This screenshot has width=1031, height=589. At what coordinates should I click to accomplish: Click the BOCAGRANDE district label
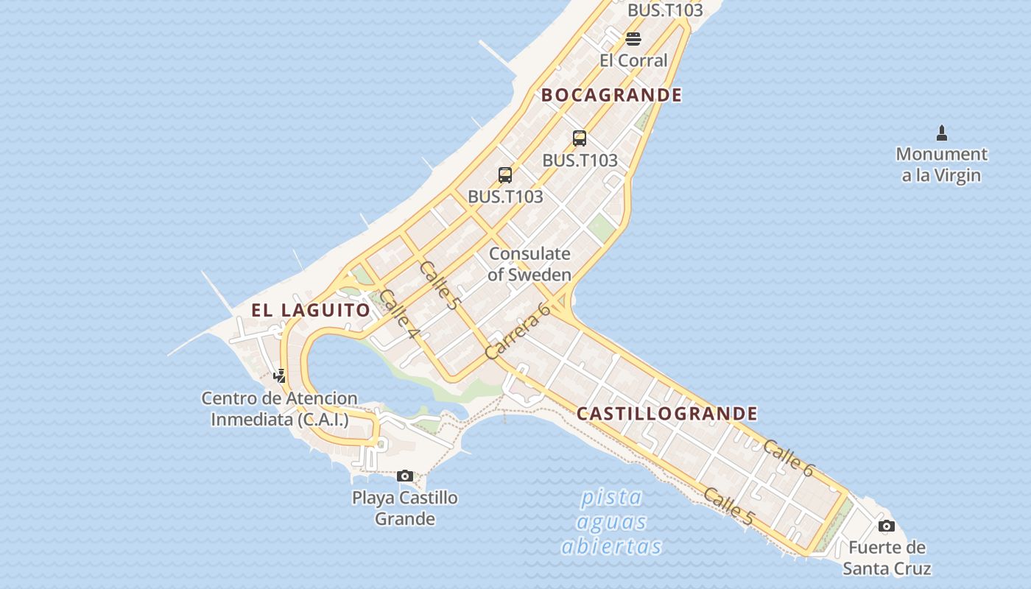(611, 95)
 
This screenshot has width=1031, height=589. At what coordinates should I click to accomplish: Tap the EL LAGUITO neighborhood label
(311, 310)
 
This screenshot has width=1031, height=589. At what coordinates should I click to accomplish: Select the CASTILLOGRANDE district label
(666, 414)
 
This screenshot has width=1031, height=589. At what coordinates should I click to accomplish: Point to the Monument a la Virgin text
(941, 164)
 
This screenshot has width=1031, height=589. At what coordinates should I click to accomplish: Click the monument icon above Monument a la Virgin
(941, 133)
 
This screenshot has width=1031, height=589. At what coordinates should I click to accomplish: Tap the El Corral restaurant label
(633, 60)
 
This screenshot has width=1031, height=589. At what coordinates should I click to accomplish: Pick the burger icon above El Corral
(633, 38)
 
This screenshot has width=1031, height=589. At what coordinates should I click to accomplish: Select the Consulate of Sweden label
(529, 264)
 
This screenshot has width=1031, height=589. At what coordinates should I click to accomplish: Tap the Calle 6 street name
(788, 457)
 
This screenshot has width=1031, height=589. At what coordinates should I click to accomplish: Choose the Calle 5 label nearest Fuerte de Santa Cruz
(728, 507)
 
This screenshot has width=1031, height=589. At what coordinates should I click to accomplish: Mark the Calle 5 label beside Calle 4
(439, 284)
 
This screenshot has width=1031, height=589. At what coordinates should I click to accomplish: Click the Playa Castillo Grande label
(404, 508)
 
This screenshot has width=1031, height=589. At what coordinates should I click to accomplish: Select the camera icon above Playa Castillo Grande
(404, 476)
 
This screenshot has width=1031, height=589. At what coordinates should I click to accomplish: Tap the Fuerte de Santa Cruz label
(887, 557)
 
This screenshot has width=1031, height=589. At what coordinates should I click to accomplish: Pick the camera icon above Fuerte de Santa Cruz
(887, 526)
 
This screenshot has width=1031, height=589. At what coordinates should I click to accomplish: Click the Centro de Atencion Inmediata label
(280, 409)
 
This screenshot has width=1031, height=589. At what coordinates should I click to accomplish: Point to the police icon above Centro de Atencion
(279, 377)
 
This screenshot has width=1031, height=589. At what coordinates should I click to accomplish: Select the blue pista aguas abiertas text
(611, 522)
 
